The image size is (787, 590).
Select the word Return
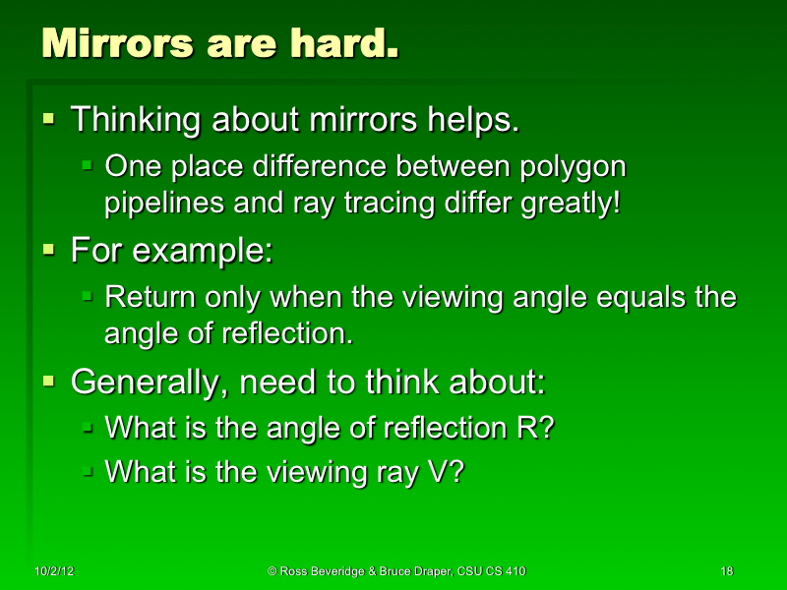[x=148, y=296]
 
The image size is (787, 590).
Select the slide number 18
[x=727, y=571]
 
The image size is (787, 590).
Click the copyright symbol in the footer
[x=272, y=571]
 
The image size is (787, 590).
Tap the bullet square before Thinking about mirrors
[x=49, y=119]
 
